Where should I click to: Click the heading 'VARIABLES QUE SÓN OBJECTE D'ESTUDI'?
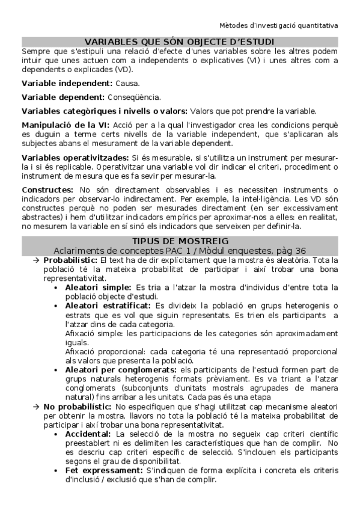click(x=180, y=41)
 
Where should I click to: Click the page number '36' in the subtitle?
click(x=301, y=250)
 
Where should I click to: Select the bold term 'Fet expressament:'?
click(x=102, y=470)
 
